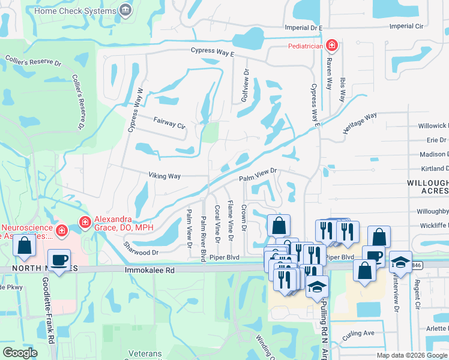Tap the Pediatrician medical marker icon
coord(331,46)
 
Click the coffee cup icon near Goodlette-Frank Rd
coord(59,260)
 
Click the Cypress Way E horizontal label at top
coord(212,52)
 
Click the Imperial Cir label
coord(406,26)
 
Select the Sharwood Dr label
coord(140,249)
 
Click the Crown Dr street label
coord(244,217)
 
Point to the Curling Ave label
coord(360,333)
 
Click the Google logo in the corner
coord(20,353)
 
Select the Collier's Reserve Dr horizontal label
coord(33,61)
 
